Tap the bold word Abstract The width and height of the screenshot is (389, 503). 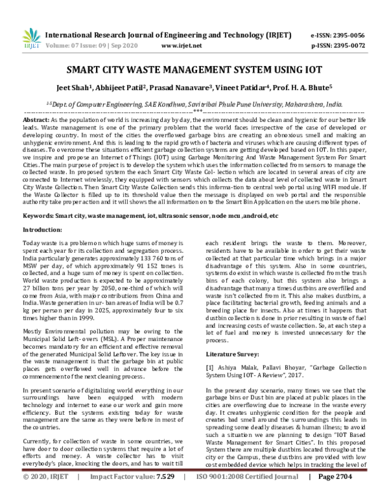click(36, 121)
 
